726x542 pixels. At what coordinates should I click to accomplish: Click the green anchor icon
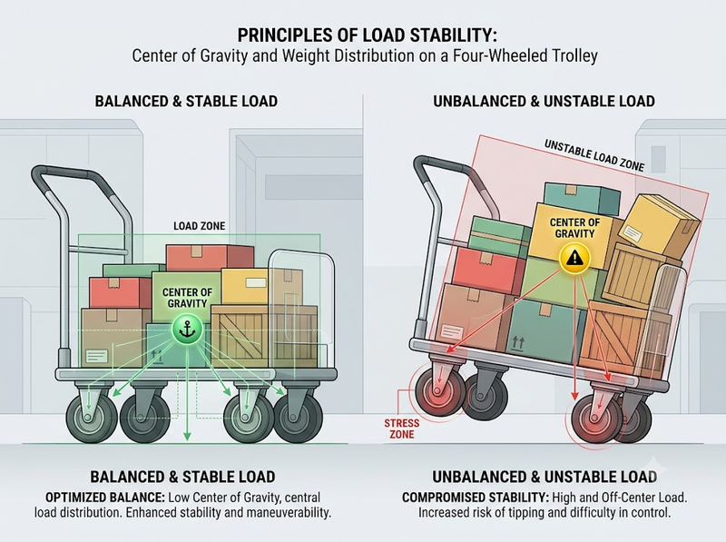pyautogui.click(x=187, y=330)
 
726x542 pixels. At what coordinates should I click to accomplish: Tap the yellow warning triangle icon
pyautogui.click(x=574, y=258)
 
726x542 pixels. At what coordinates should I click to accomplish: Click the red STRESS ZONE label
pyautogui.click(x=401, y=429)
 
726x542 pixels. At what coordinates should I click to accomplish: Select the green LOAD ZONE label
pyautogui.click(x=199, y=226)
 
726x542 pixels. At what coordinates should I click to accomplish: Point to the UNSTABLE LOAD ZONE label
pyautogui.click(x=594, y=155)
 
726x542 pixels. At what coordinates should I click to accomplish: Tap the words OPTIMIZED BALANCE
pyautogui.click(x=105, y=498)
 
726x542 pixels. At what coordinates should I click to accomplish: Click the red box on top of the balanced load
pyautogui.click(x=210, y=258)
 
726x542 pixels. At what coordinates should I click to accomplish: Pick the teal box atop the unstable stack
pyautogui.click(x=582, y=197)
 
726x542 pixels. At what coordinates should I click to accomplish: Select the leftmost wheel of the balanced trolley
pyautogui.click(x=92, y=415)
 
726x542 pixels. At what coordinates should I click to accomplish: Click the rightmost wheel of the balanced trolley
pyautogui.click(x=298, y=416)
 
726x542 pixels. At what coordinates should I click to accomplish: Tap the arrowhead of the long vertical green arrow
pyautogui.click(x=187, y=436)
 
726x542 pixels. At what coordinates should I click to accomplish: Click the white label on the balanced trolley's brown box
pyautogui.click(x=96, y=356)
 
